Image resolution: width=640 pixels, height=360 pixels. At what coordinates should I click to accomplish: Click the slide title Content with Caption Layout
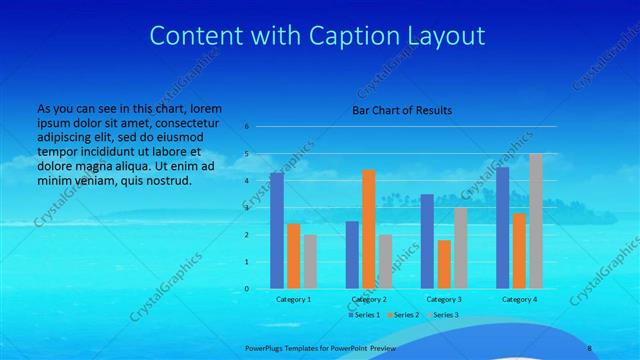317,36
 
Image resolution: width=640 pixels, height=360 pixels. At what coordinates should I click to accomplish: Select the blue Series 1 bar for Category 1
277,231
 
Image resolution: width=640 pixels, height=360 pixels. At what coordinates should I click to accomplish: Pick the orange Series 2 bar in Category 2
369,229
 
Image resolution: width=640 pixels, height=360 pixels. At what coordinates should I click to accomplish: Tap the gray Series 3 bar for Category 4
536,221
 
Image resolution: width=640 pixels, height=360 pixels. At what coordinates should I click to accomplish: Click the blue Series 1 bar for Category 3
427,241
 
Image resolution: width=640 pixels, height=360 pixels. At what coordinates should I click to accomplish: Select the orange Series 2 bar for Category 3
444,264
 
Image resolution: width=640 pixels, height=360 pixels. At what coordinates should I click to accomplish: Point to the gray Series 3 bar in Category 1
310,261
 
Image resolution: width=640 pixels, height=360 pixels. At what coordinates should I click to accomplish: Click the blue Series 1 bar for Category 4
502,228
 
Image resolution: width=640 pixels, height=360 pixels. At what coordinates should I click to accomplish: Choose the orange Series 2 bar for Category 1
293,256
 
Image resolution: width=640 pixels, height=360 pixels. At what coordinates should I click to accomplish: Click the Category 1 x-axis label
293,299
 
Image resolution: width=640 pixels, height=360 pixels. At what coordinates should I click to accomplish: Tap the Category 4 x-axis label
519,299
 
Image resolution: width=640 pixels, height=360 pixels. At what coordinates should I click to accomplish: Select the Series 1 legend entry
364,315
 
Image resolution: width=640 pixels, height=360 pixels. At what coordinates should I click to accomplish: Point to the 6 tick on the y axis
246,127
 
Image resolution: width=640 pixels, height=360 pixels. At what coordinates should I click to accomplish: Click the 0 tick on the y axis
246,289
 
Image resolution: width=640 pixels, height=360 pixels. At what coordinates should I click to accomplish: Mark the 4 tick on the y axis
246,181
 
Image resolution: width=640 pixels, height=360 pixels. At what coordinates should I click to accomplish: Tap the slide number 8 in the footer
589,347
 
